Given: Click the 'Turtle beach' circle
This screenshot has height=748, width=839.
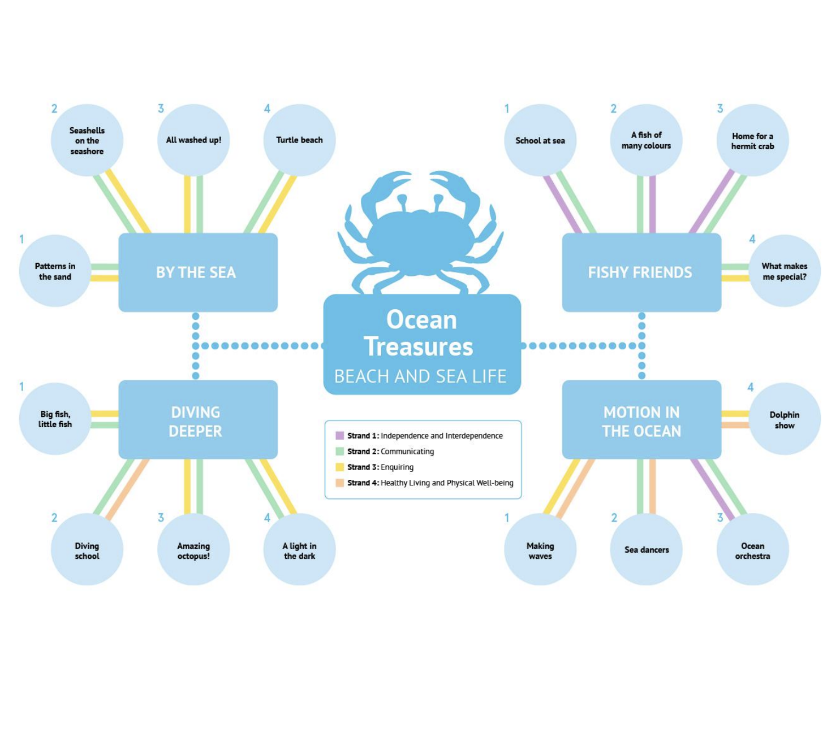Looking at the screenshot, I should coord(299,140).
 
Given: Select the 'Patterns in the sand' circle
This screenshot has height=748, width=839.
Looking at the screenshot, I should coord(55,271).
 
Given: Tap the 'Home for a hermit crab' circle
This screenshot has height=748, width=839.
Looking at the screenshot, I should coord(752,140).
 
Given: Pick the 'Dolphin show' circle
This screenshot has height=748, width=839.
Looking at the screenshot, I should coord(784,419).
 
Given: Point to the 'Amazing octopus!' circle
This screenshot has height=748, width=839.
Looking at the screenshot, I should coord(193,549).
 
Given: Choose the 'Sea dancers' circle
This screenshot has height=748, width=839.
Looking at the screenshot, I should coord(646,549).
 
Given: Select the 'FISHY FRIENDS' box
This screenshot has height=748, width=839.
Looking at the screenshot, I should coord(641,273).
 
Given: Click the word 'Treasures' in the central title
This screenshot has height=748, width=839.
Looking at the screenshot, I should coord(418,347).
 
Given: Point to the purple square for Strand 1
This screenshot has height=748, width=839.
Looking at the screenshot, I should coord(340,435).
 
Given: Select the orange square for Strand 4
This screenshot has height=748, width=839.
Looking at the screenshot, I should coord(340,483).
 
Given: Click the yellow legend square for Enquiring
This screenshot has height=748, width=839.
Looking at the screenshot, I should coord(340,467).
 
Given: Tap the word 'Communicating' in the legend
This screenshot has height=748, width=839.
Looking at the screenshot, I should coord(407,451).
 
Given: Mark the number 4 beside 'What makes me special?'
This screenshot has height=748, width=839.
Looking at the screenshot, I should coord(752,239).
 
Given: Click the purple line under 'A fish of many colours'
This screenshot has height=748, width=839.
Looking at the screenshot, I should coord(653,204).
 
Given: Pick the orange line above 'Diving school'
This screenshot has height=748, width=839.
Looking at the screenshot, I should coord(127,488).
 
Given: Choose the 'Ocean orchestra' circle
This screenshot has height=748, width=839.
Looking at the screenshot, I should coord(752,549).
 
